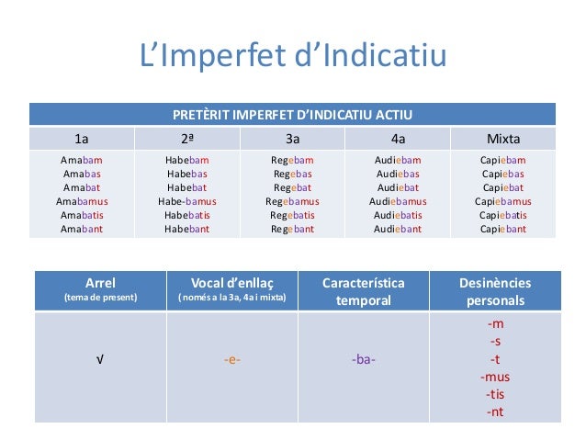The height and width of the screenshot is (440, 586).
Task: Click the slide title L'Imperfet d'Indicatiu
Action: pyautogui.click(x=292, y=57)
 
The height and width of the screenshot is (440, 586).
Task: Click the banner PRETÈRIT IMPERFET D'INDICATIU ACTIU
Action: pyautogui.click(x=292, y=115)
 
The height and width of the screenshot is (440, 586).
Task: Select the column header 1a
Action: pyautogui.click(x=82, y=140)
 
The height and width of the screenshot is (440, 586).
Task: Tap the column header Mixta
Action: pyautogui.click(x=502, y=140)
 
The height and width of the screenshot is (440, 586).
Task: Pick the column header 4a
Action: pyautogui.click(x=398, y=140)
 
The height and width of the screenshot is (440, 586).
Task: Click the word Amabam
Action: pyautogui.click(x=81, y=160)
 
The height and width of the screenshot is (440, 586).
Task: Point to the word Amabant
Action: pyautogui.click(x=81, y=230)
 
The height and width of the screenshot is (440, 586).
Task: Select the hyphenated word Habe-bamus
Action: pyautogui.click(x=186, y=201)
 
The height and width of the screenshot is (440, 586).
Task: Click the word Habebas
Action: pyautogui.click(x=186, y=174)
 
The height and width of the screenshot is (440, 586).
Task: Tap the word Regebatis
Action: pyautogui.click(x=292, y=216)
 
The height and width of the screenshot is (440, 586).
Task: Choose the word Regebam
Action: pyautogui.click(x=292, y=160)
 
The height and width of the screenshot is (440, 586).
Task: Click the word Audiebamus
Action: pyautogui.click(x=398, y=201)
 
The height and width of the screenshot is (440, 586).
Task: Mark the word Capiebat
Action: pyautogui.click(x=502, y=187)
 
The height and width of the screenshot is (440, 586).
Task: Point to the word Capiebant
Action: pyautogui.click(x=502, y=230)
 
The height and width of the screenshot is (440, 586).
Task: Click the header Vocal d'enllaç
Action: pyautogui.click(x=231, y=283)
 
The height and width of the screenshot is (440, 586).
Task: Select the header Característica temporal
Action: pyautogui.click(x=364, y=291)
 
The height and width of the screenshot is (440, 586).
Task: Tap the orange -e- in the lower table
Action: pyautogui.click(x=231, y=359)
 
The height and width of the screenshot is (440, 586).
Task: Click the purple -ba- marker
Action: pyautogui.click(x=364, y=359)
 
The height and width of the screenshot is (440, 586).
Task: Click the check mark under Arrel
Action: pyautogui.click(x=99, y=359)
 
